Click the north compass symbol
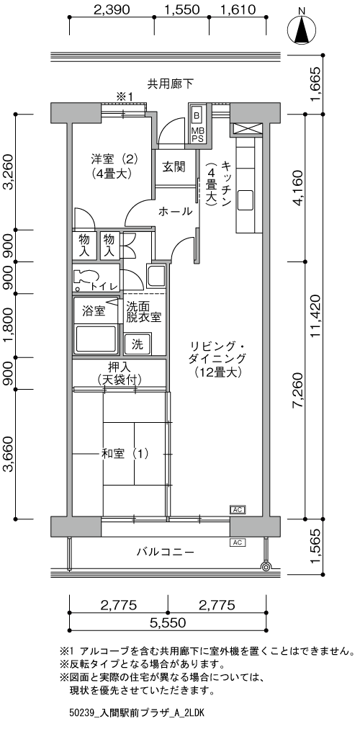tap(302, 31)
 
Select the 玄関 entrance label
tap(174, 167)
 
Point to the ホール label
tap(175, 211)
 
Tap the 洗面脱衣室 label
tap(143, 310)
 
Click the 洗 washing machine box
tap(137, 343)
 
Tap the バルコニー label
tap(165, 553)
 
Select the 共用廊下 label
tap(170, 84)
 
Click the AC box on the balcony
tap(237, 542)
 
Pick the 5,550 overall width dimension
tap(168, 622)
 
